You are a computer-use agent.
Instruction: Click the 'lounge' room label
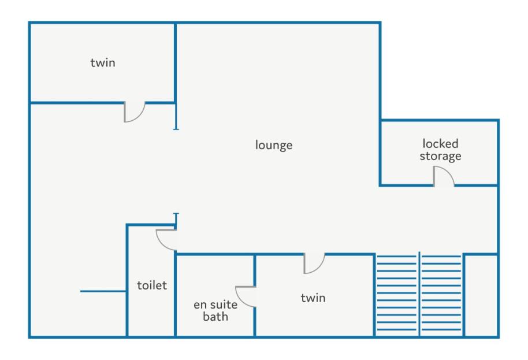point(274,145)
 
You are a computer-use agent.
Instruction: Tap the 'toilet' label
point(152,285)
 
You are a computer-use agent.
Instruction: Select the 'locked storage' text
point(440,150)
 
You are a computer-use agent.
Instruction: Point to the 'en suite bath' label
point(215,310)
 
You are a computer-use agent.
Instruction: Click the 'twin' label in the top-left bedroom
point(103,62)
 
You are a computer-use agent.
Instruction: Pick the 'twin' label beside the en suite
point(313,298)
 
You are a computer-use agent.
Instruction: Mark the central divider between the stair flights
point(419,294)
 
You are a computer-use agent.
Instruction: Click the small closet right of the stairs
point(481,295)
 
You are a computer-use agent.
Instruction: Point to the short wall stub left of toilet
point(103,291)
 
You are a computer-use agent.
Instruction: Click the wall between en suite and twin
point(255,295)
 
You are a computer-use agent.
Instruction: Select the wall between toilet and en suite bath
point(176,295)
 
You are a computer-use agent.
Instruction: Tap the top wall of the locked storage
point(440,120)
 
